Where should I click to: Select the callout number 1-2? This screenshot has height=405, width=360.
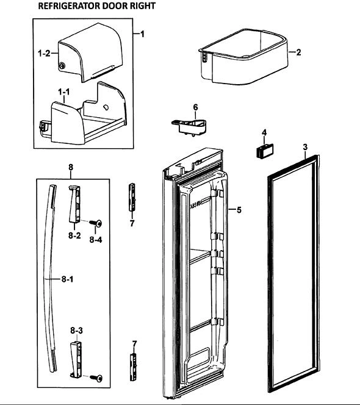(x=44, y=54)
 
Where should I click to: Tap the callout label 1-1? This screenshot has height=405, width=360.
(x=63, y=91)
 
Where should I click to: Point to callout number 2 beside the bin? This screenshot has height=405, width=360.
(x=298, y=52)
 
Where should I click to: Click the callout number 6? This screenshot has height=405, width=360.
(x=195, y=107)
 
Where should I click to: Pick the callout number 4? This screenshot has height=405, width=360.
(x=264, y=133)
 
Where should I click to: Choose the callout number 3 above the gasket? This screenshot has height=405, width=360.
(x=305, y=147)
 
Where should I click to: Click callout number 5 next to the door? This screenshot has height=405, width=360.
(x=239, y=210)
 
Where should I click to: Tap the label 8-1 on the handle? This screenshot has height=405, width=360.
(x=67, y=279)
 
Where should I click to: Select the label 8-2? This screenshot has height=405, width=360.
(x=74, y=235)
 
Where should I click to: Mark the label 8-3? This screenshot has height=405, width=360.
(x=76, y=331)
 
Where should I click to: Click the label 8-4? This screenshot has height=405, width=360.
(x=96, y=240)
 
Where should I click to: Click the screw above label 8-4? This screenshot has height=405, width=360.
(x=96, y=223)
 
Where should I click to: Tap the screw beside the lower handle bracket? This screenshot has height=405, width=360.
(x=96, y=378)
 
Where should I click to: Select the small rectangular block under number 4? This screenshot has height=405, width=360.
(x=264, y=150)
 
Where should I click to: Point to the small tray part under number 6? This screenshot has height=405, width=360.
(x=189, y=127)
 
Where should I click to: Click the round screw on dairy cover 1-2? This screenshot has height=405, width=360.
(x=62, y=66)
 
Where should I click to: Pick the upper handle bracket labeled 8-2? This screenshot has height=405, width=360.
(x=74, y=204)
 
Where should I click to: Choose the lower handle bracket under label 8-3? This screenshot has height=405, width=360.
(x=76, y=360)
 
